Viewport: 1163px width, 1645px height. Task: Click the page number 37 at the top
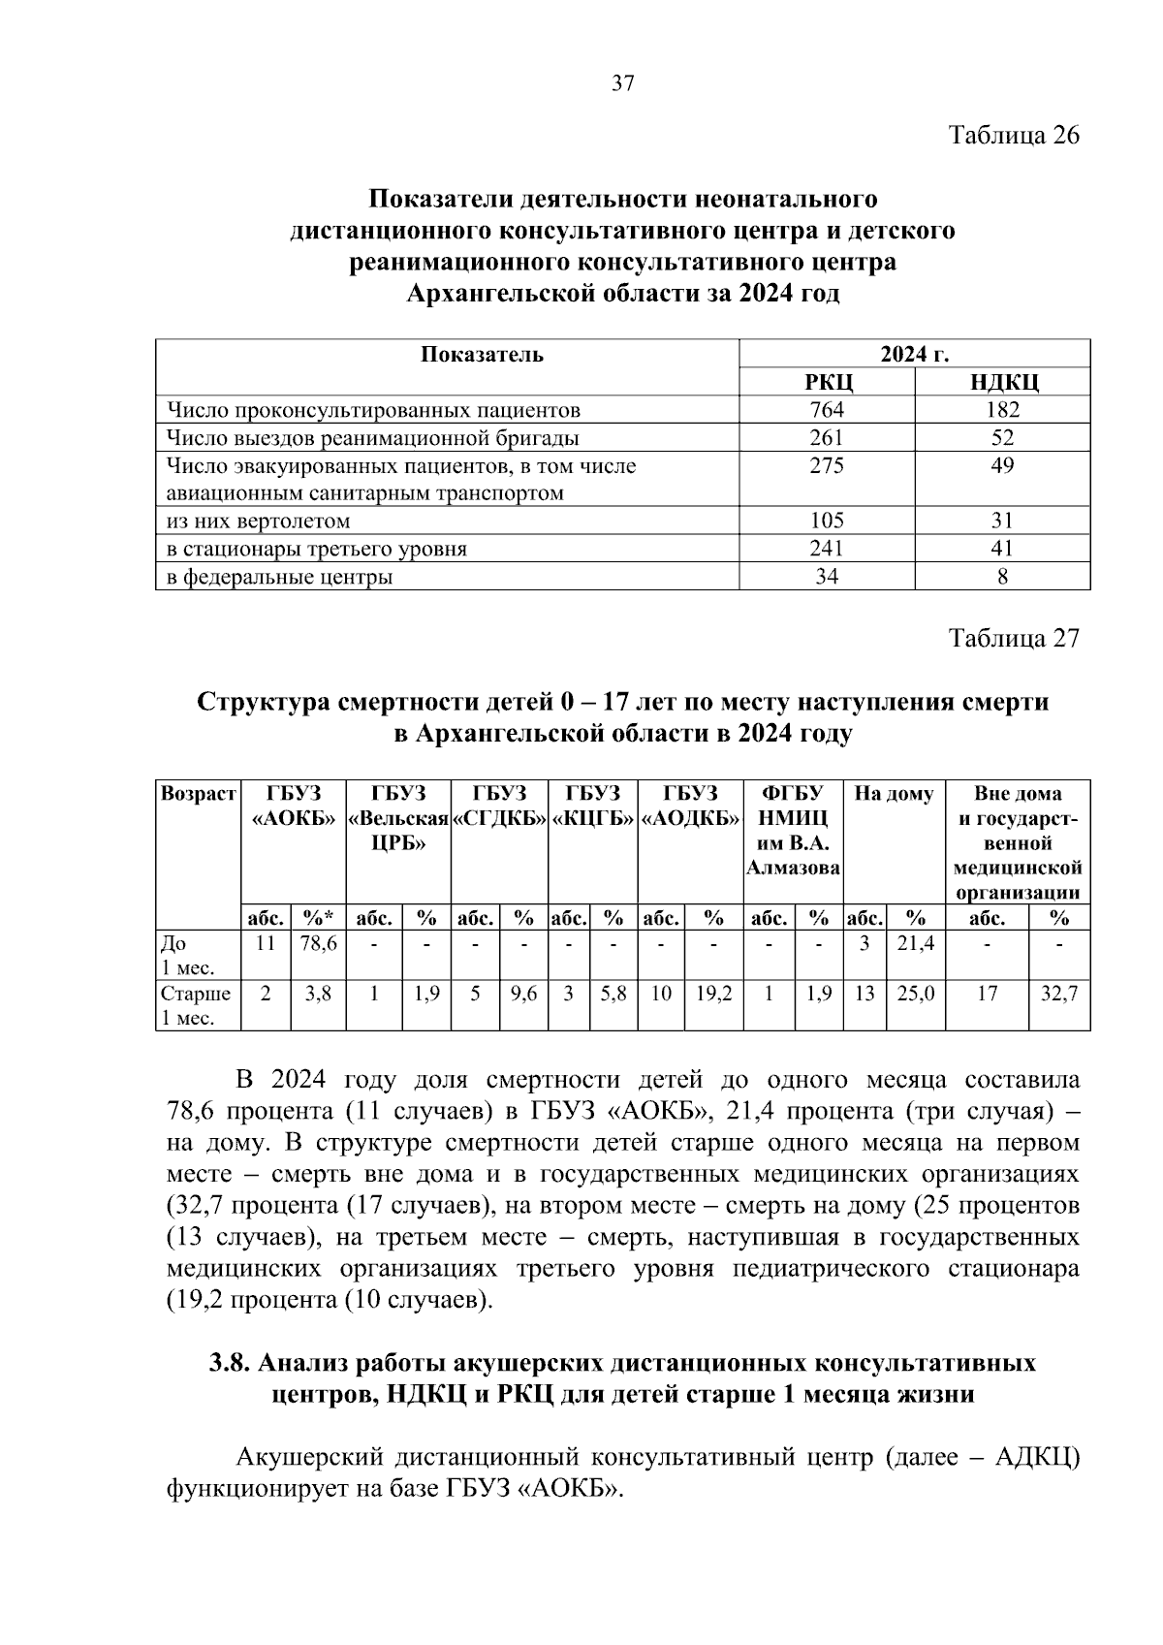622,83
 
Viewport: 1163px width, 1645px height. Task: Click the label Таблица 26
1013,135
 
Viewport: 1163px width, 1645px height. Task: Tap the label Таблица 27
1013,639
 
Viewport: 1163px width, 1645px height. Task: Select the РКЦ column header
826,382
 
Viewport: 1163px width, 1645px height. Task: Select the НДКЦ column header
1002,382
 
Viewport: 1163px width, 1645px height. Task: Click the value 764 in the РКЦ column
826,410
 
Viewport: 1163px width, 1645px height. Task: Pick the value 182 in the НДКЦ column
1002,410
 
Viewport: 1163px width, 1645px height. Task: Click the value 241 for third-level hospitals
826,549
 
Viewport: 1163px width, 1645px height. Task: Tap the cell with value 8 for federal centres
1002,577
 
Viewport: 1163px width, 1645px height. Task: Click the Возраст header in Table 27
198,795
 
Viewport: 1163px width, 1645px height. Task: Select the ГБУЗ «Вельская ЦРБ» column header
398,818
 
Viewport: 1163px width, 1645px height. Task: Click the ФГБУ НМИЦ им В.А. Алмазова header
793,831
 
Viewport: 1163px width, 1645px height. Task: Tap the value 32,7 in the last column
1058,994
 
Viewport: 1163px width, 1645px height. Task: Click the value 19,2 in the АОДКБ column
713,994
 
